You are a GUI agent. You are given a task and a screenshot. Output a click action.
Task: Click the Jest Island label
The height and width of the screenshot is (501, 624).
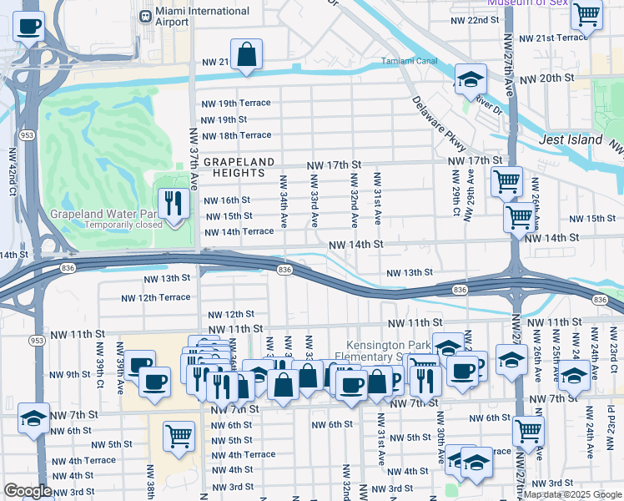tap(571, 139)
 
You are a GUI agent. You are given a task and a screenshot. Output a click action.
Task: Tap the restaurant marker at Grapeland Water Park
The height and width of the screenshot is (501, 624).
tap(174, 203)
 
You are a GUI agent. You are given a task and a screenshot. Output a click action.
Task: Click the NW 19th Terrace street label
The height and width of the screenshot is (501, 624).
tap(236, 103)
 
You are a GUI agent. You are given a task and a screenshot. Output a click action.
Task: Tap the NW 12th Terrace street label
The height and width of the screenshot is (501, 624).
tap(156, 298)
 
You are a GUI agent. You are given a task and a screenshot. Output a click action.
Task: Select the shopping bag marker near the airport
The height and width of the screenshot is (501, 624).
tap(247, 55)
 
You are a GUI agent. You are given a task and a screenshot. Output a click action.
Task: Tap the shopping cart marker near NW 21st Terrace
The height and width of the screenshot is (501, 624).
tap(587, 14)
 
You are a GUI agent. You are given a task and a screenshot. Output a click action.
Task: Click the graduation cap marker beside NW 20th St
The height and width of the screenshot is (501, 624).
tap(471, 80)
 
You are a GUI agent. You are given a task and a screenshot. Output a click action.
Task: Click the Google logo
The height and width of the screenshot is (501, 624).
tap(28, 492)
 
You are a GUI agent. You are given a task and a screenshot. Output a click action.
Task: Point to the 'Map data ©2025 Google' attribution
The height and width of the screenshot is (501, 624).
tap(572, 494)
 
